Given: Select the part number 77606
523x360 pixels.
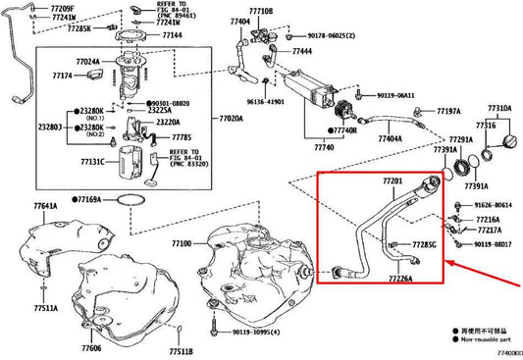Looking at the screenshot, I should (x=91, y=347).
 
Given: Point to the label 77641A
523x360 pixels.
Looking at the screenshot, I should (x=44, y=207).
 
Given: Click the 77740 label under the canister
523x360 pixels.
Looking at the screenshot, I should (x=324, y=146).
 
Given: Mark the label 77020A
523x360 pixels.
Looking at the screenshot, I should (x=230, y=118).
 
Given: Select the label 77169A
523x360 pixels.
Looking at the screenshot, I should (x=85, y=199).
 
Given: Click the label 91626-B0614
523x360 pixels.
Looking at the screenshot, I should (x=497, y=205).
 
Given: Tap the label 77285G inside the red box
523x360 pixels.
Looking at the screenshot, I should (x=422, y=243).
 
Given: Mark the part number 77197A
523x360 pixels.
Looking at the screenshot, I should (x=449, y=112).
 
